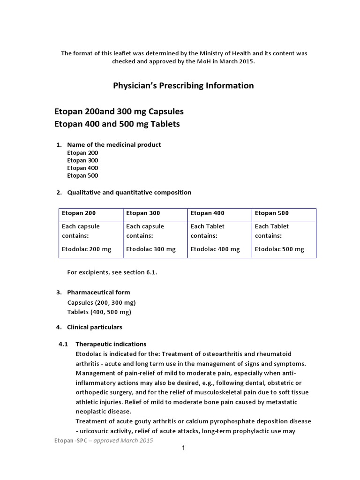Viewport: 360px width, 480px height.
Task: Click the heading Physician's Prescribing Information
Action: [183, 85]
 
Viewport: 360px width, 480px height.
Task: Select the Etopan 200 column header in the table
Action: [79, 213]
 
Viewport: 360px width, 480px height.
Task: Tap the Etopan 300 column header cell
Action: [143, 213]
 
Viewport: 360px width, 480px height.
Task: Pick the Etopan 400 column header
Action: [207, 213]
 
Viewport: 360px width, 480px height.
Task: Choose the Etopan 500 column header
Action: [271, 213]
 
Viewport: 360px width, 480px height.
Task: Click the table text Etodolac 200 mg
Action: [86, 249]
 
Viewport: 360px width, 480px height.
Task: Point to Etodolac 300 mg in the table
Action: [150, 249]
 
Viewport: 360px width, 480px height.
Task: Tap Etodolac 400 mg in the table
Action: [215, 249]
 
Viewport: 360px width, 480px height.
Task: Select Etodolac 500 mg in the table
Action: [279, 249]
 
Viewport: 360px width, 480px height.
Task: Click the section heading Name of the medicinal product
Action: [114, 144]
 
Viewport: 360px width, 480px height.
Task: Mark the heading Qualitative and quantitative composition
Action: [129, 192]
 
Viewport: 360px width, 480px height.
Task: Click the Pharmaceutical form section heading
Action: [98, 292]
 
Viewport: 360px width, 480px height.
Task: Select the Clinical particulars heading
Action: [94, 327]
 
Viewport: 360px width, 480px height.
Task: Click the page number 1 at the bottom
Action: [184, 448]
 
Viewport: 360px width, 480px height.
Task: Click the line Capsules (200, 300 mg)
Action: [101, 302]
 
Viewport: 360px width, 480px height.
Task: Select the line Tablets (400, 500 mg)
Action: [99, 312]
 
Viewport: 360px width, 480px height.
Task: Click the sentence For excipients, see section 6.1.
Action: [112, 273]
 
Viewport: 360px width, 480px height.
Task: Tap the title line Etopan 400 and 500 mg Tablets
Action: [117, 124]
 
